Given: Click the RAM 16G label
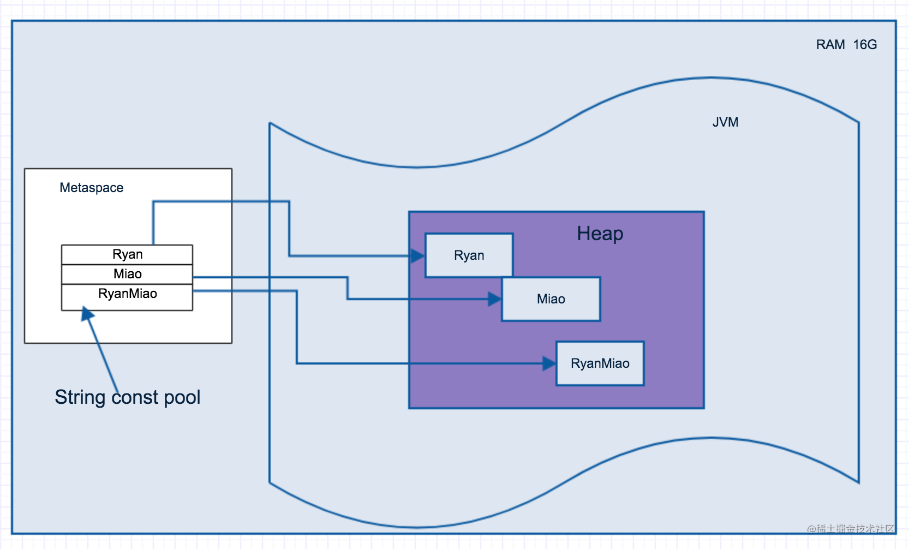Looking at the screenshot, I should coord(846,45).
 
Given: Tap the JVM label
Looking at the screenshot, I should coord(725,122).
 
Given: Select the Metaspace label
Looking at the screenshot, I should coord(92,188).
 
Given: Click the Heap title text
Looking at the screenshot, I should coord(600,234).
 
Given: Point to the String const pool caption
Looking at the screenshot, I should coord(128,397).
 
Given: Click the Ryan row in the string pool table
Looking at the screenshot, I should coord(127,255).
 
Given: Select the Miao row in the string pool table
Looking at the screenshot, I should coord(127,274).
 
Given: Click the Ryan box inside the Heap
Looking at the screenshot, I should coord(469,255).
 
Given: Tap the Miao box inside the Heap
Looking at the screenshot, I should coord(551,299).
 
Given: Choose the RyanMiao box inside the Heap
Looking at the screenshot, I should coord(600,363).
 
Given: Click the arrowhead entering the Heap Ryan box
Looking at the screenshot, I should coord(418,255).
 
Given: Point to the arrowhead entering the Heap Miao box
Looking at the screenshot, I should coord(494,299).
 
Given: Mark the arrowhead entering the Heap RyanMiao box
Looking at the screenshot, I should coord(549,363).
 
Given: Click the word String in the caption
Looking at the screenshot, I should coord(80,397).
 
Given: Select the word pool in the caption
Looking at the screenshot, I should coord(182,397).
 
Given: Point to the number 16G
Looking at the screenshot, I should coord(865,45).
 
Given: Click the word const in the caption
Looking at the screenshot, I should coord(135,397).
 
